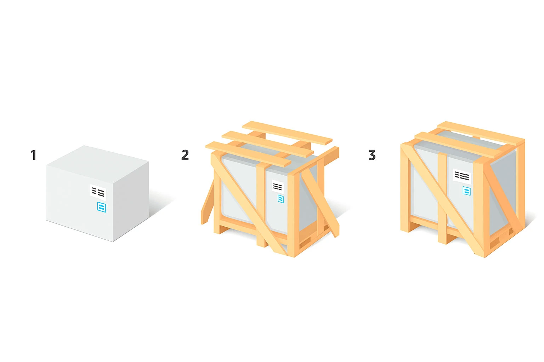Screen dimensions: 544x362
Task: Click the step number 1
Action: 34,155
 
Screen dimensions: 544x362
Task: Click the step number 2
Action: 185,155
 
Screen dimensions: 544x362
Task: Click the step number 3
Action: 372,155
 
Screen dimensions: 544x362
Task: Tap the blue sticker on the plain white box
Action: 102,207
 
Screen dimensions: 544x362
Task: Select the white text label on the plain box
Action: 98,192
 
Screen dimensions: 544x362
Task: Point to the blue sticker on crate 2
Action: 281,199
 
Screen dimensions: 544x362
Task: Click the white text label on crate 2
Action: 278,186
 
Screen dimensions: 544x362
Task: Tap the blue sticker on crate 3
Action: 466,191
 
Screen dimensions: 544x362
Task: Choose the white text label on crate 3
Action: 462,176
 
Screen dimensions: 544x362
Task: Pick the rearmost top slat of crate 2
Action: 287,133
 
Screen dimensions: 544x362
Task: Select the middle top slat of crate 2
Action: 268,144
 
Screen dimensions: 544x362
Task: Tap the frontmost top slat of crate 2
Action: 248,154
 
